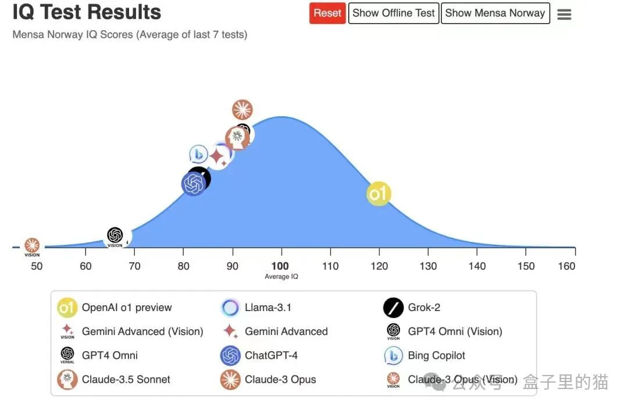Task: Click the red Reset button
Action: click(327, 13)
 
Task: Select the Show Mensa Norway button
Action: click(495, 13)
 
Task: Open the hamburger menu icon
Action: click(564, 15)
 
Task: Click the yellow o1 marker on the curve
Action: click(379, 194)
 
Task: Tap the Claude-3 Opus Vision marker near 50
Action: click(32, 246)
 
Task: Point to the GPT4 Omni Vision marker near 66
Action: click(115, 236)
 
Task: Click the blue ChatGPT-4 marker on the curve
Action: click(194, 184)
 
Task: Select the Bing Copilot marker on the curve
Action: click(199, 155)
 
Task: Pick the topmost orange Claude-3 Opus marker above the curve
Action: click(242, 110)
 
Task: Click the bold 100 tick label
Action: click(280, 266)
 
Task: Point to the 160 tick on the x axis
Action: click(566, 266)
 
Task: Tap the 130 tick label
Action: click(428, 266)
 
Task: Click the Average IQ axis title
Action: click(281, 277)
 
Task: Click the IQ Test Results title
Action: click(87, 12)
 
